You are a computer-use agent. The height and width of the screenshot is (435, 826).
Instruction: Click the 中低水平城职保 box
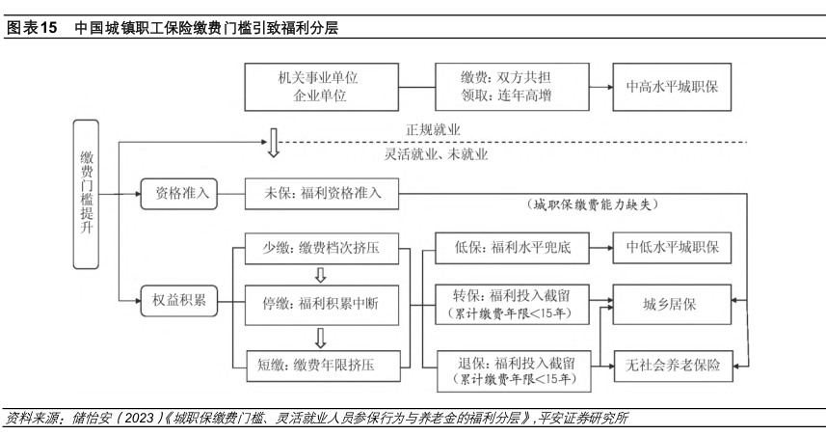pyautogui.click(x=672, y=248)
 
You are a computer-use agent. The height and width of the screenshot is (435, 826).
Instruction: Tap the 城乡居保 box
pyautogui.click(x=672, y=304)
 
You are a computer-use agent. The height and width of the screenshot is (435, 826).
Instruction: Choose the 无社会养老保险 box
pyautogui.click(x=672, y=364)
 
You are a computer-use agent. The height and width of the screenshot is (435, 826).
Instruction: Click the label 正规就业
pyautogui.click(x=433, y=129)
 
